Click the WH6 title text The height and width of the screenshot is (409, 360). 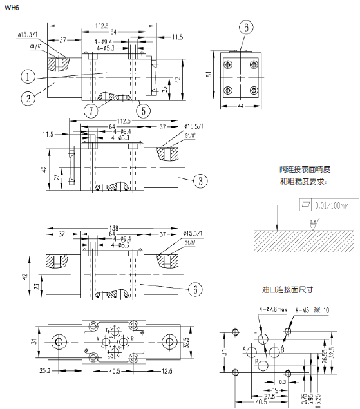pos(12,8)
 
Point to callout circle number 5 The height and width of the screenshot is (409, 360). pos(144,110)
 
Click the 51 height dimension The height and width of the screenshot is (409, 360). pos(209,75)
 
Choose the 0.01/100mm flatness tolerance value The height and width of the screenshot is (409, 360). pos(332,205)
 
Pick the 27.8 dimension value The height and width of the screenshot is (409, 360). pos(269,398)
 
